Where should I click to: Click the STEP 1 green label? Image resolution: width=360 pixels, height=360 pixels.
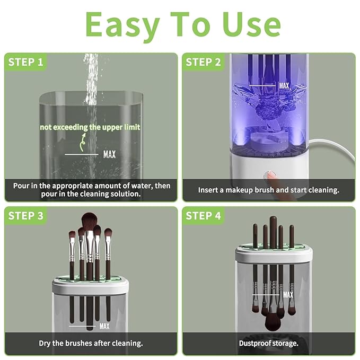pos(25,62)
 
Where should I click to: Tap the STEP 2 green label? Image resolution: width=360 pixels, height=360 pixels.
pos(203,62)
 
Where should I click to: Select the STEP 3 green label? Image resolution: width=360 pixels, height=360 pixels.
pos(26,216)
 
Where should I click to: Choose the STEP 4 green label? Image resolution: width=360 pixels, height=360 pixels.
pos(203,216)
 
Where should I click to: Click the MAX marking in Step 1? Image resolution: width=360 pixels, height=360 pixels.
pos(109,155)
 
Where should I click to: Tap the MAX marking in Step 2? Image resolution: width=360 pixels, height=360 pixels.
pos(284,85)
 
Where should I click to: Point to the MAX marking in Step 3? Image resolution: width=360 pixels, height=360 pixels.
pos(104,326)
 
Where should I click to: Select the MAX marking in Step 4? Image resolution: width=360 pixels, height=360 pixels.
pos(288,295)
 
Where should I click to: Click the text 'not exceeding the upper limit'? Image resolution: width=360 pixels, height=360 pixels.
pos(90,127)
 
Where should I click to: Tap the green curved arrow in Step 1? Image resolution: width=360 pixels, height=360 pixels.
pos(81,141)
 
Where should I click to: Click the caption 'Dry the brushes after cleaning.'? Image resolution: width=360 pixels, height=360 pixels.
pos(91,343)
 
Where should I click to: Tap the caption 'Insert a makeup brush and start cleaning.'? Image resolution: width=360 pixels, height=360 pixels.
pos(268,189)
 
